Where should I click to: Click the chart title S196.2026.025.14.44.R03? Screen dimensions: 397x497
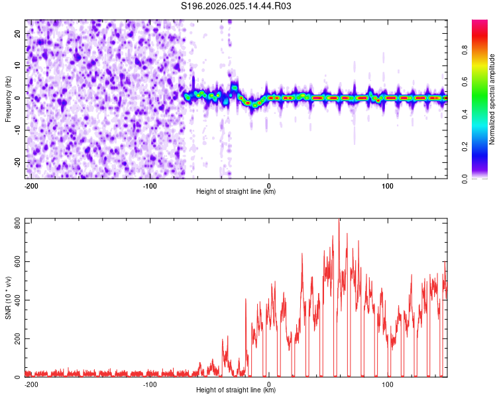[237, 6]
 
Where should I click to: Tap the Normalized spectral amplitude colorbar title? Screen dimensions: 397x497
[492, 99]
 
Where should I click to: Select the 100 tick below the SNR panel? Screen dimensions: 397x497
[387, 384]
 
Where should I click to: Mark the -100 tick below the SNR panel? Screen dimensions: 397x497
[150, 384]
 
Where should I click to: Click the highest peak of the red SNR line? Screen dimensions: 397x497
[339, 220]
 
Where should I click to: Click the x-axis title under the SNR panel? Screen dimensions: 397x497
[236, 390]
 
